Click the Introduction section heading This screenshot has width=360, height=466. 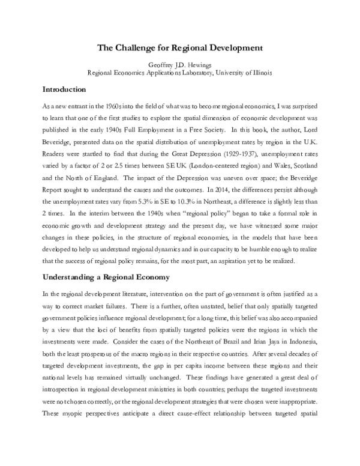click(x=67, y=89)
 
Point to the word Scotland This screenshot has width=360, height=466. click(x=298, y=164)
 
